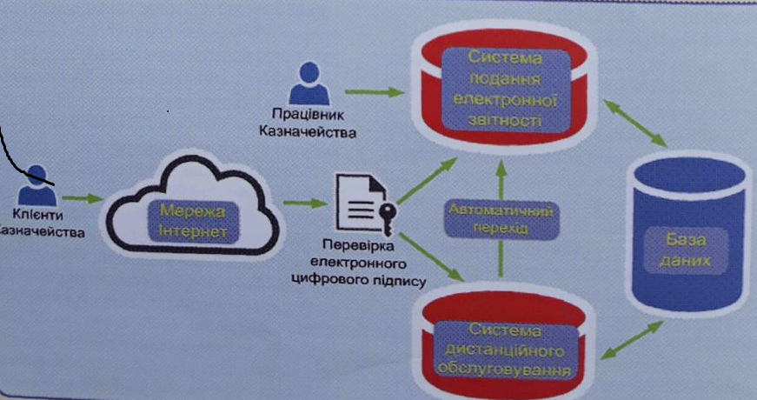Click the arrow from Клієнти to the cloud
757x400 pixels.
pos(83,198)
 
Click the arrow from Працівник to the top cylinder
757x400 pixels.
pos(372,90)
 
